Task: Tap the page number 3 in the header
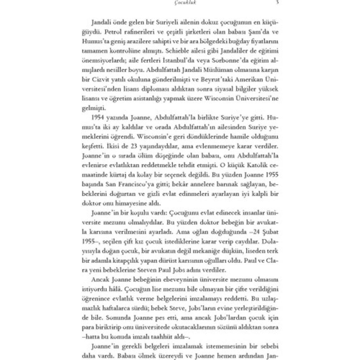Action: tap(277, 3)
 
